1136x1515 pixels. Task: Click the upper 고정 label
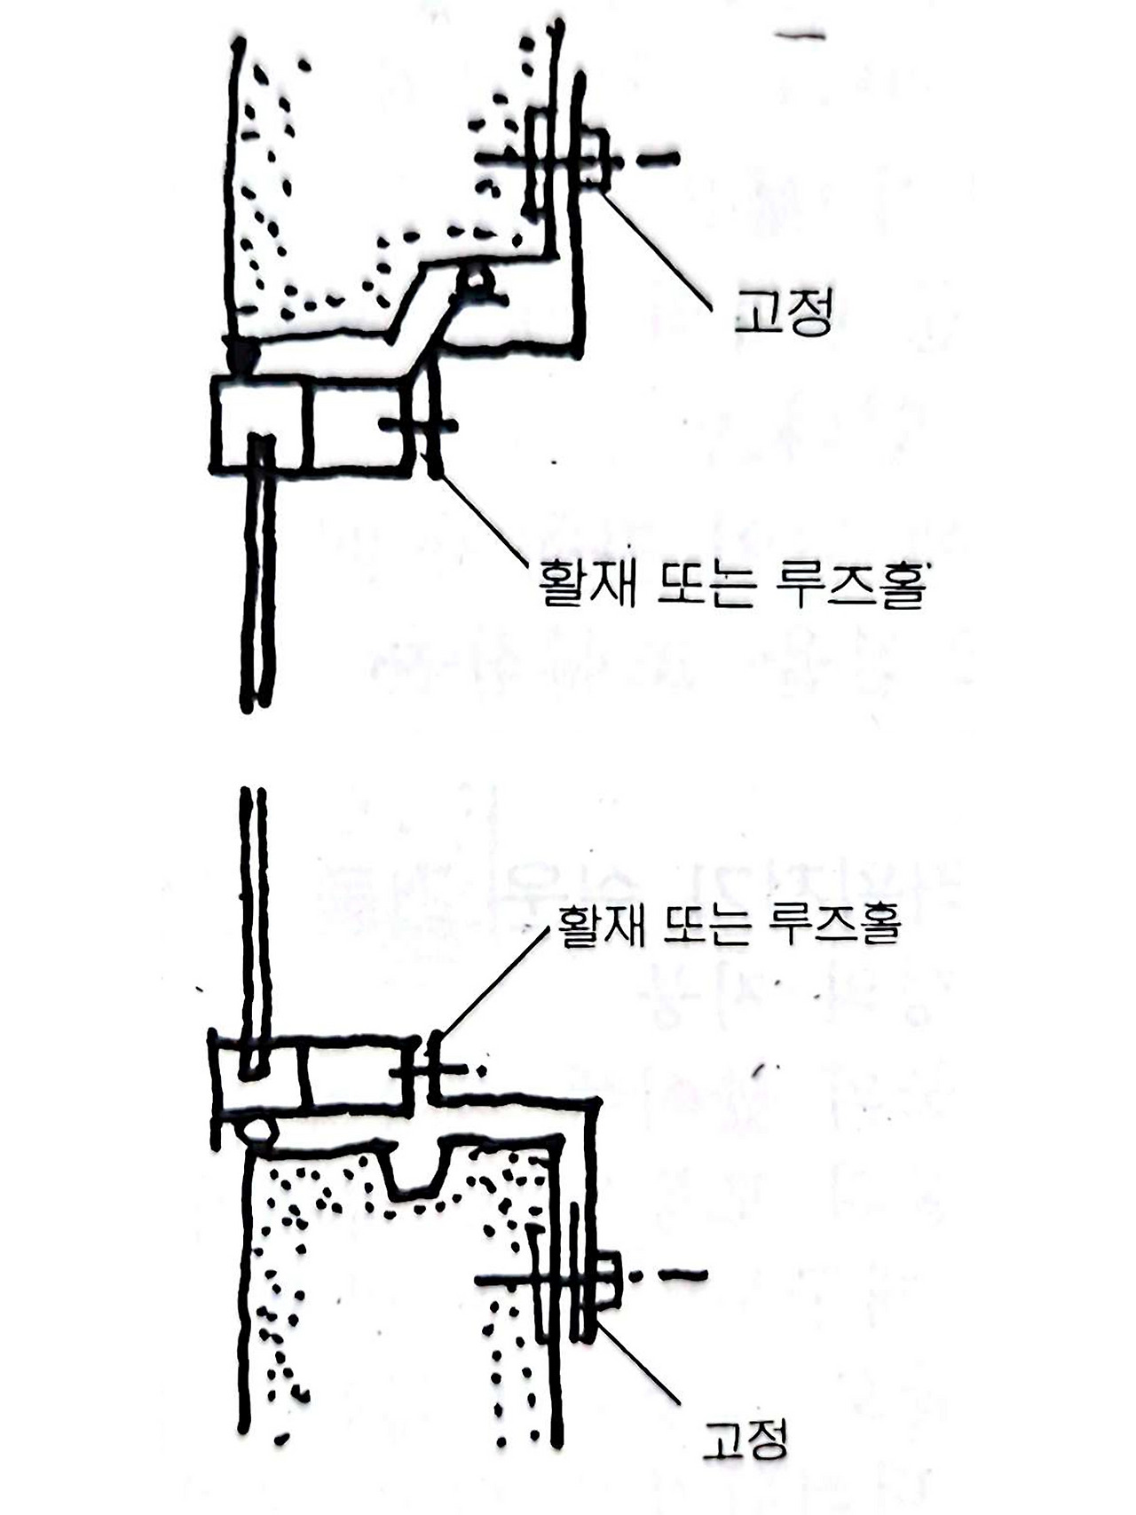[784, 312]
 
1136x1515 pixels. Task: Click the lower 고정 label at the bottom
[745, 1439]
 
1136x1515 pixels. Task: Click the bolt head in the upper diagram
[596, 160]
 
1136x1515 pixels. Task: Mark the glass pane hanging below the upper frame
[258, 586]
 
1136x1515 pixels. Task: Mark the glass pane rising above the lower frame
[253, 914]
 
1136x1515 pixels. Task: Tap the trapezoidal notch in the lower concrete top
[416, 1167]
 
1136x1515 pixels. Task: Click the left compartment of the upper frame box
[257, 422]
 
